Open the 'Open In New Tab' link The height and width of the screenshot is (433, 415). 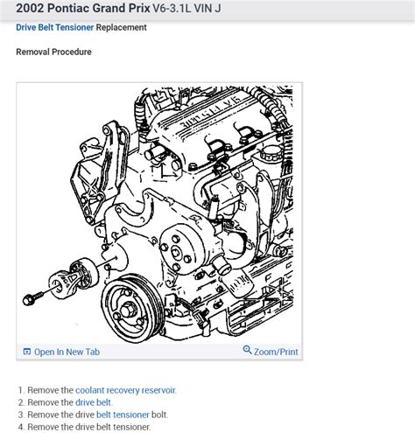coord(67,352)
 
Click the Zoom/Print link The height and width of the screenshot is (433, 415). coord(276,352)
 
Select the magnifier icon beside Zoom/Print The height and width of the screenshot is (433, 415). coord(248,351)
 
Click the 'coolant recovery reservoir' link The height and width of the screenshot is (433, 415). coord(125,390)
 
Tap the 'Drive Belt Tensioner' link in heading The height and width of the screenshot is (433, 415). coord(54,28)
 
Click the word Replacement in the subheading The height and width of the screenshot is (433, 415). coord(122,28)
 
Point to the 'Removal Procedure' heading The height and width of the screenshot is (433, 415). coord(53,52)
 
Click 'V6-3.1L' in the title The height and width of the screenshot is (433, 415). coord(197,9)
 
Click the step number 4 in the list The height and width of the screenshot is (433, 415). coord(18,427)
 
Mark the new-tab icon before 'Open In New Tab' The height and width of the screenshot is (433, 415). coord(27,352)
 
